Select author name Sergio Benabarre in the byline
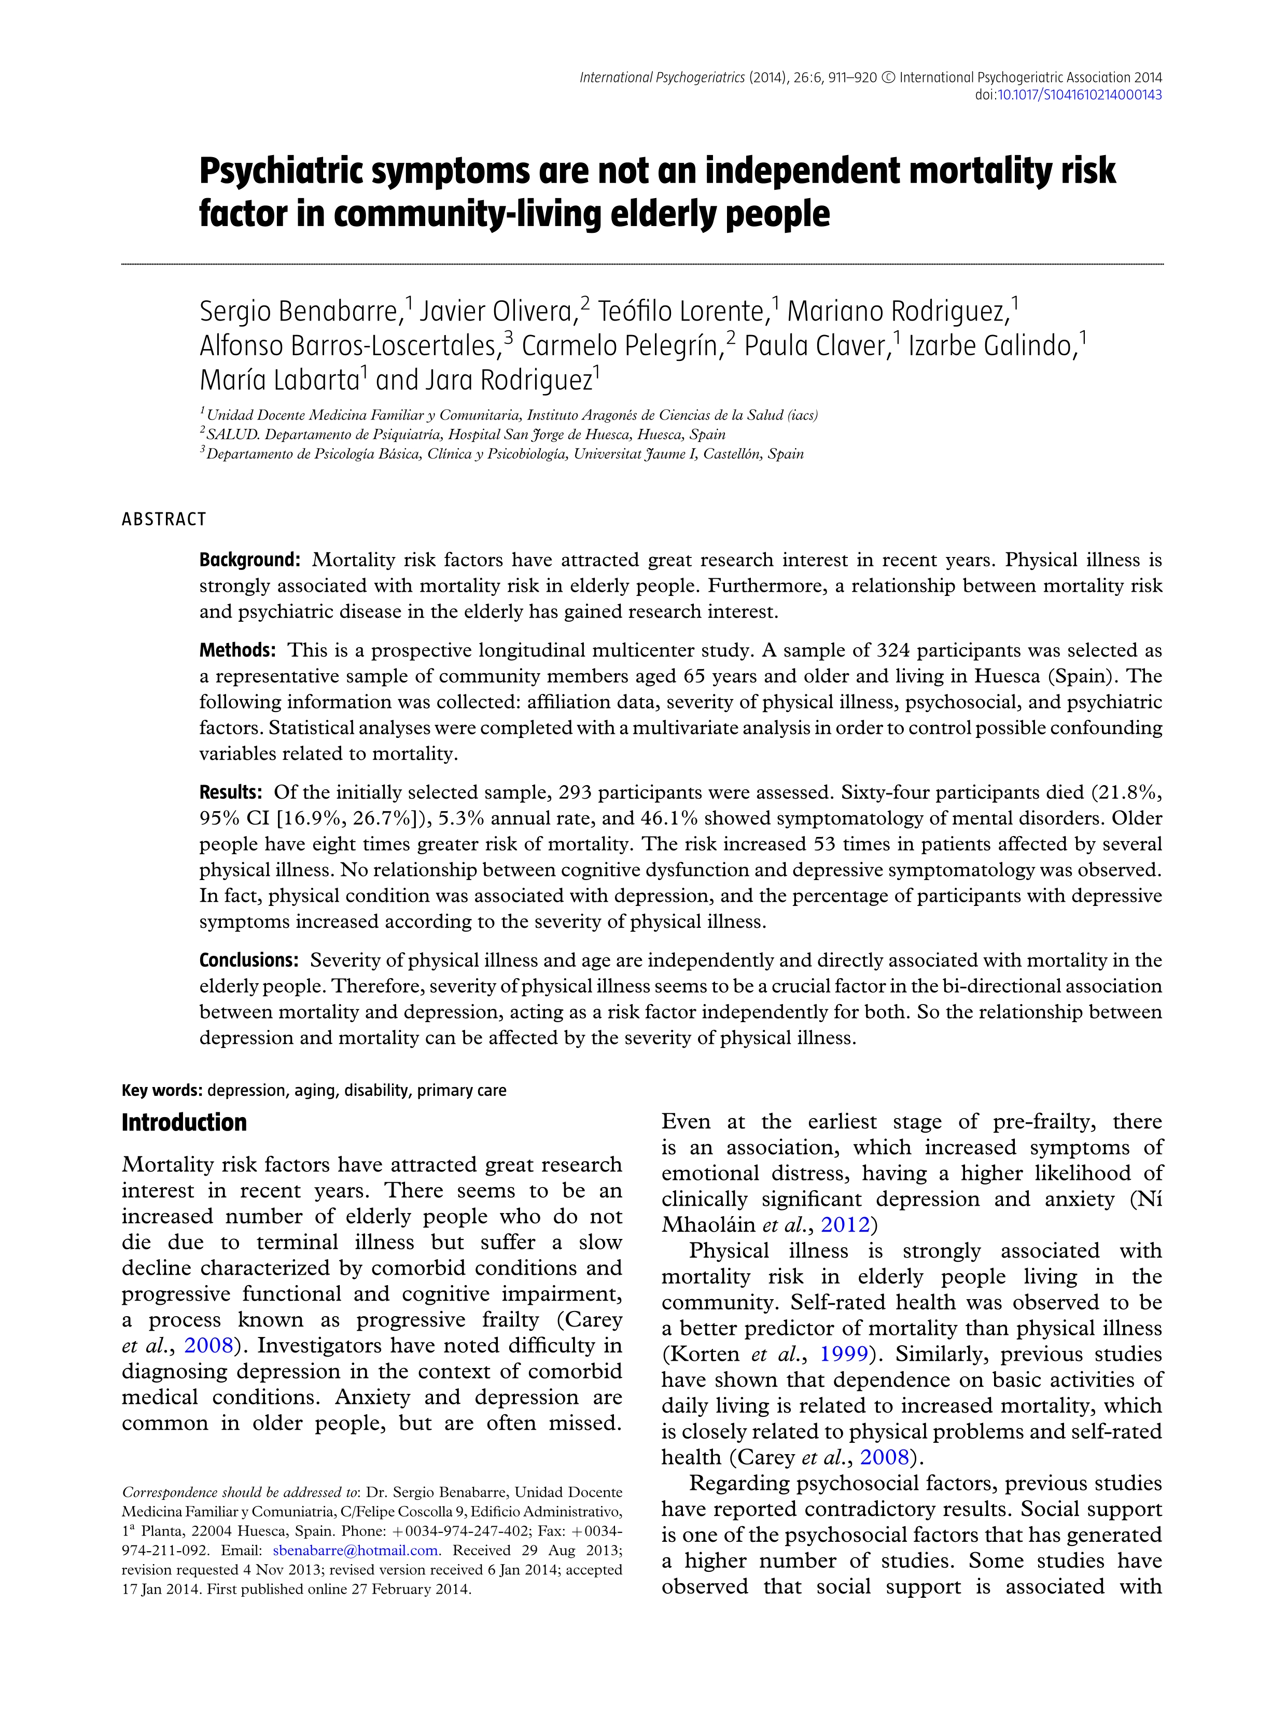click(299, 312)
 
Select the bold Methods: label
click(237, 650)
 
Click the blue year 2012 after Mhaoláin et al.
click(845, 1225)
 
